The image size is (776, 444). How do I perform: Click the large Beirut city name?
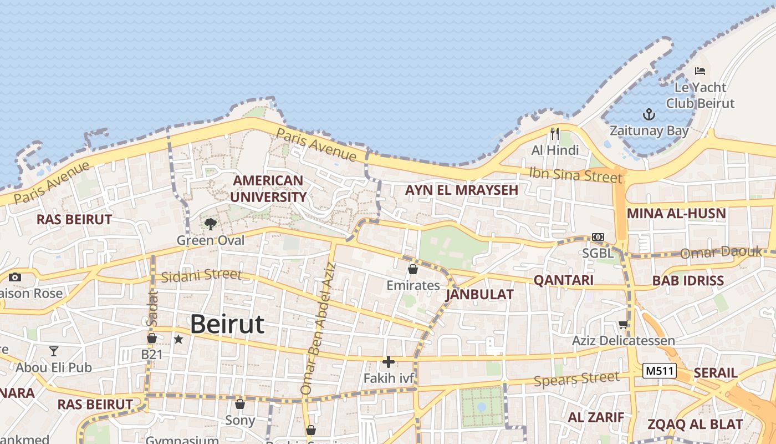227,324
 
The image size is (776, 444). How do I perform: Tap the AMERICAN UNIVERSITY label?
268,189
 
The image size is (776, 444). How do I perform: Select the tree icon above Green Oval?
210,224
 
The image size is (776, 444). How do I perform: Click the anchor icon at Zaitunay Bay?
649,115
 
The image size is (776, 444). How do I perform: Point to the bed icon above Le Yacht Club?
700,71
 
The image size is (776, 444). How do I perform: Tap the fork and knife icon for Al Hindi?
554,134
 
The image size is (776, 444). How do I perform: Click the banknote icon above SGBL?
598,237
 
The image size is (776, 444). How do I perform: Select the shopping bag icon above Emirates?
412,269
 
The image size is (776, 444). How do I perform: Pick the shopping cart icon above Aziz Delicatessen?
624,324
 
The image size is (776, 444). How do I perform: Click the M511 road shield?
660,371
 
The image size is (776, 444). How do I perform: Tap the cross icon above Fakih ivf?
389,362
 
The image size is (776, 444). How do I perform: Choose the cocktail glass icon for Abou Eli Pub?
53,351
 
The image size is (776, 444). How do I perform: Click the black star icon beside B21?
178,339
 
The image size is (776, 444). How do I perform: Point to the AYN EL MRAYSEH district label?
461,190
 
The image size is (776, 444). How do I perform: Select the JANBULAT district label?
479,294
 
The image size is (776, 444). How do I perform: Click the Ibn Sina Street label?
575,174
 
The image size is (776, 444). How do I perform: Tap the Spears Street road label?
576,380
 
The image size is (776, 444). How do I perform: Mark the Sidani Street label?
201,275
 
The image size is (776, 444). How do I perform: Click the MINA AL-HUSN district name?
676,214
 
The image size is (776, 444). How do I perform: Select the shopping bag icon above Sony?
240,403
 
